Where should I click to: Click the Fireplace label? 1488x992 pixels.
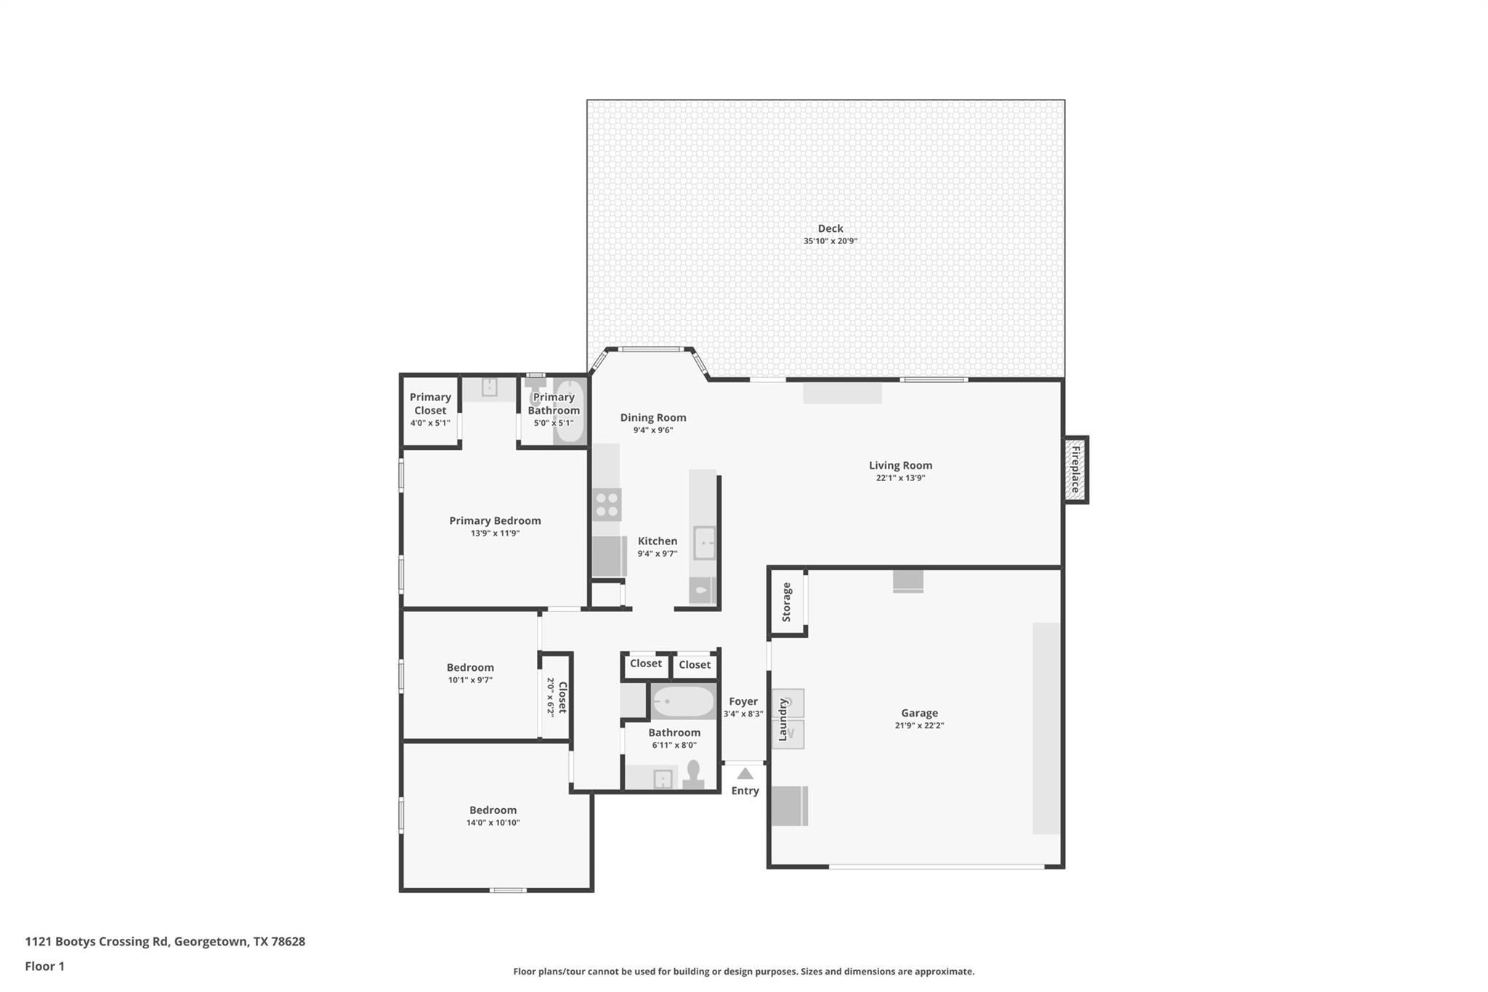click(1076, 469)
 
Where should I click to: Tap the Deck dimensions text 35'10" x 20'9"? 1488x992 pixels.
click(830, 241)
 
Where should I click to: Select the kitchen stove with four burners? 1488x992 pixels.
click(607, 504)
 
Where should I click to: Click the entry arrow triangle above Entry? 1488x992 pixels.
click(745, 774)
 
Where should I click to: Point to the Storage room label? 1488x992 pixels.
click(786, 602)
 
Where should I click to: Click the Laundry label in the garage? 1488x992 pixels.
click(783, 719)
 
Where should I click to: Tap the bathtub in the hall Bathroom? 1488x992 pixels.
click(683, 702)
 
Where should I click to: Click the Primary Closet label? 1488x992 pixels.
click(430, 403)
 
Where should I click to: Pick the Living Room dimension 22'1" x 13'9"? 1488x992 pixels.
click(900, 478)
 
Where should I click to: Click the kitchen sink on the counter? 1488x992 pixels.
click(703, 543)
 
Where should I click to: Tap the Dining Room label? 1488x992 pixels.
click(652, 417)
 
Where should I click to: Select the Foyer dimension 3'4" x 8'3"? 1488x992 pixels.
click(743, 714)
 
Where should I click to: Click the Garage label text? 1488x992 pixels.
click(919, 713)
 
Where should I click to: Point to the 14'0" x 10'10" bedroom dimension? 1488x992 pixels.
click(493, 823)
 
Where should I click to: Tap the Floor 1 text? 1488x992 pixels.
click(45, 966)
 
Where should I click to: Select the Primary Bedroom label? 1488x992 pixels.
click(495, 520)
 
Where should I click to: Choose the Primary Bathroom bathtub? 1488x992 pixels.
click(569, 411)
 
